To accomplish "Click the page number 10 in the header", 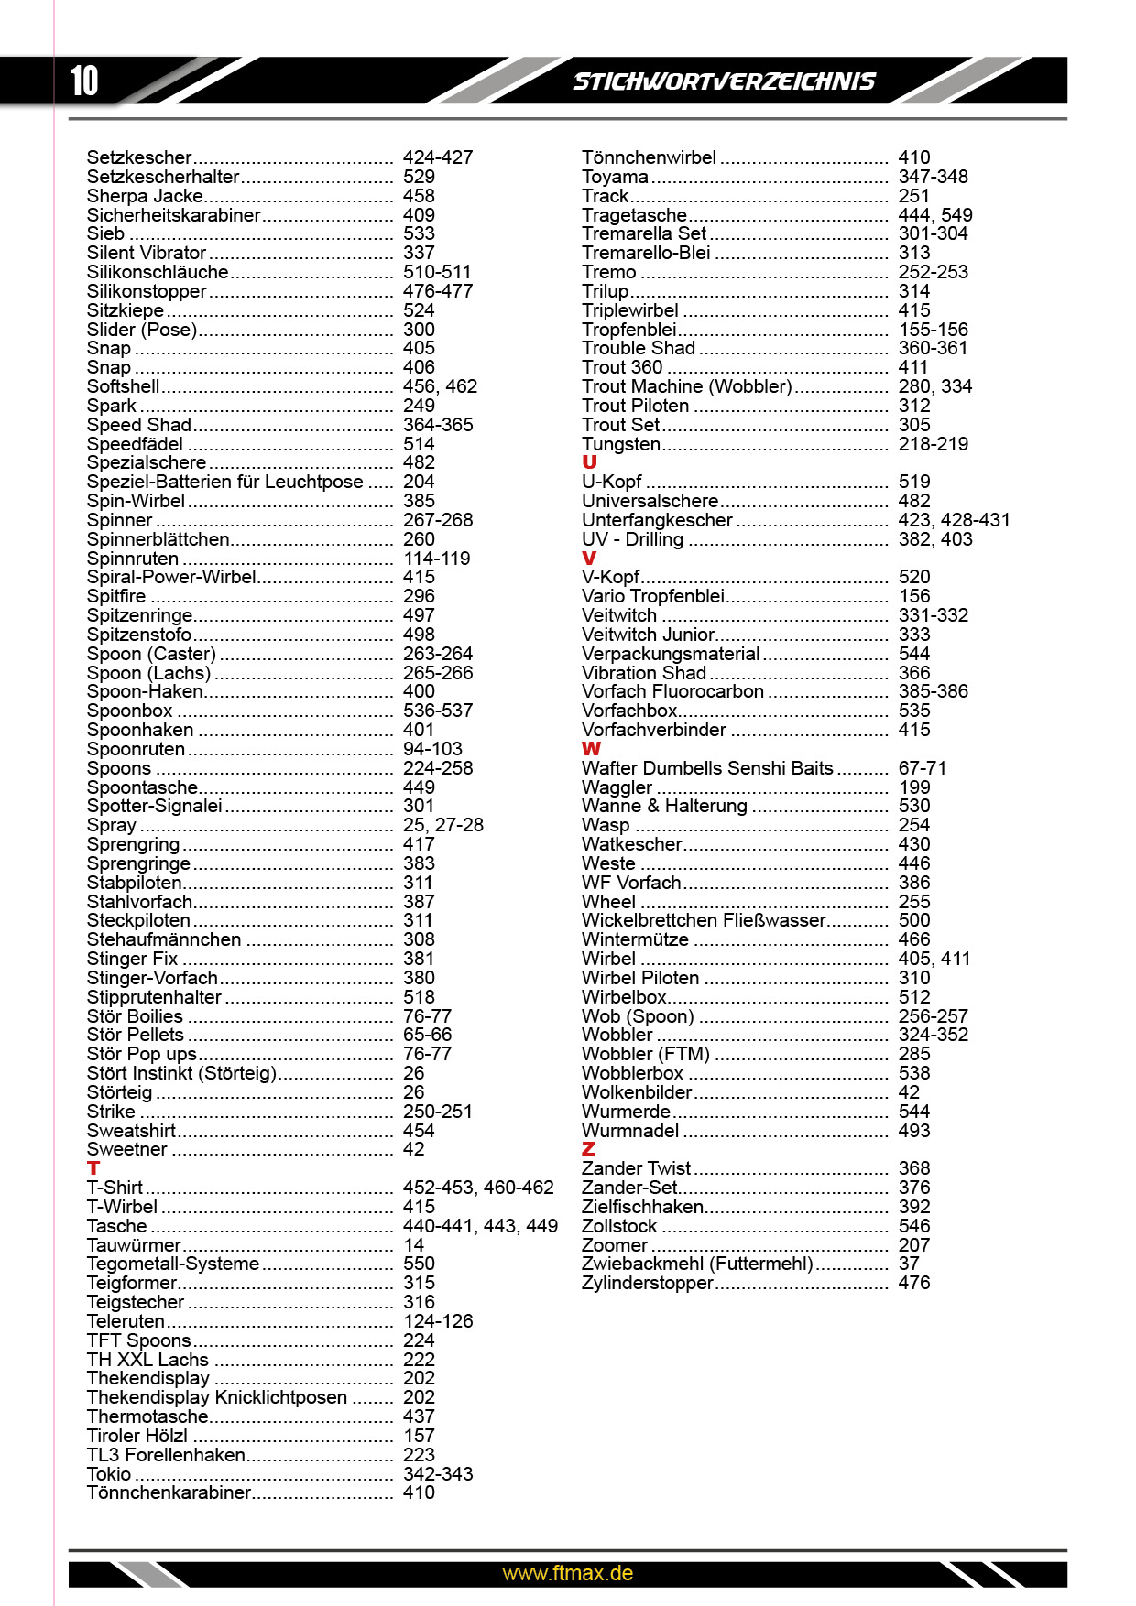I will click(x=84, y=81).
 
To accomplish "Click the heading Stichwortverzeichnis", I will click(x=724, y=81).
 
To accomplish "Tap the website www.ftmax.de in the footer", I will click(x=567, y=1573).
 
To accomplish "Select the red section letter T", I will click(x=93, y=1168).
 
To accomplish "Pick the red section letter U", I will click(x=589, y=462).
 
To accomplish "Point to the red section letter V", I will click(x=589, y=558).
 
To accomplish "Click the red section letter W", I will click(x=591, y=749).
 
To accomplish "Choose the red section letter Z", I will click(x=588, y=1149).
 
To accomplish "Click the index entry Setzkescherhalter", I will click(x=163, y=177).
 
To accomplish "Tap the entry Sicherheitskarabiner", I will click(x=174, y=215).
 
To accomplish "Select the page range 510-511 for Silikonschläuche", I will click(x=437, y=272).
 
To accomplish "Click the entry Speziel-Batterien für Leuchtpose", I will click(x=224, y=482).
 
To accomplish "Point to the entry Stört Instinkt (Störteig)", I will click(x=181, y=1073).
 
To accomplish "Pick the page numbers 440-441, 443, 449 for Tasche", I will click(x=480, y=1226).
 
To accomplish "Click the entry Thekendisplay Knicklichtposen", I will click(x=217, y=1397).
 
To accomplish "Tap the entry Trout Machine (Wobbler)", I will click(x=687, y=386).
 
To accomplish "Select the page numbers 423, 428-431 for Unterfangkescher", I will click(x=954, y=520).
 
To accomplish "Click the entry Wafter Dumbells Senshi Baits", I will click(x=707, y=768).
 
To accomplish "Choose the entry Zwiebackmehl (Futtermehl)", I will click(x=697, y=1264).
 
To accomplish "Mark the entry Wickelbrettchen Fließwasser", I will click(x=704, y=920).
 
